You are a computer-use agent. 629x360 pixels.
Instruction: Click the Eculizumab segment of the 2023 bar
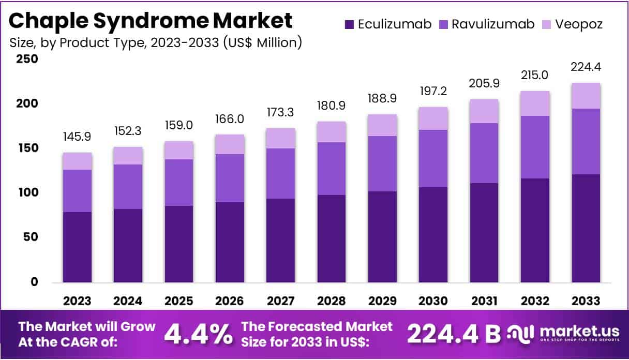[77, 247]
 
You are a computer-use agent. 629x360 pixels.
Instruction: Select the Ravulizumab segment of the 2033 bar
[586, 141]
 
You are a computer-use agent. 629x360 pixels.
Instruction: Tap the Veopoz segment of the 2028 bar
[332, 132]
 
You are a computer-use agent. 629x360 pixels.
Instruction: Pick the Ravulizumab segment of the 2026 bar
[230, 178]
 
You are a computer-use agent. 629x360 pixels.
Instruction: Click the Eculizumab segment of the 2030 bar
[433, 235]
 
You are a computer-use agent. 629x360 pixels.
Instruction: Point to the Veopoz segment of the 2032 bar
[535, 103]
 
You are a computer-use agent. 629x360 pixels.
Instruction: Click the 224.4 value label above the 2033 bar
[586, 67]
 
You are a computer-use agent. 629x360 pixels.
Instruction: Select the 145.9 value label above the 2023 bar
[77, 137]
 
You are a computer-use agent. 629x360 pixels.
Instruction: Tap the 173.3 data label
[280, 112]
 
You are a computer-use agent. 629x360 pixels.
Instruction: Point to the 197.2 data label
[433, 91]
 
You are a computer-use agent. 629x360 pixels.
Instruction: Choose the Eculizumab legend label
[395, 24]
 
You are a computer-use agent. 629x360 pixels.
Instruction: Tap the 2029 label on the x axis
[382, 301]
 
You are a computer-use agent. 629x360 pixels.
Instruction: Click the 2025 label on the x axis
[179, 301]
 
